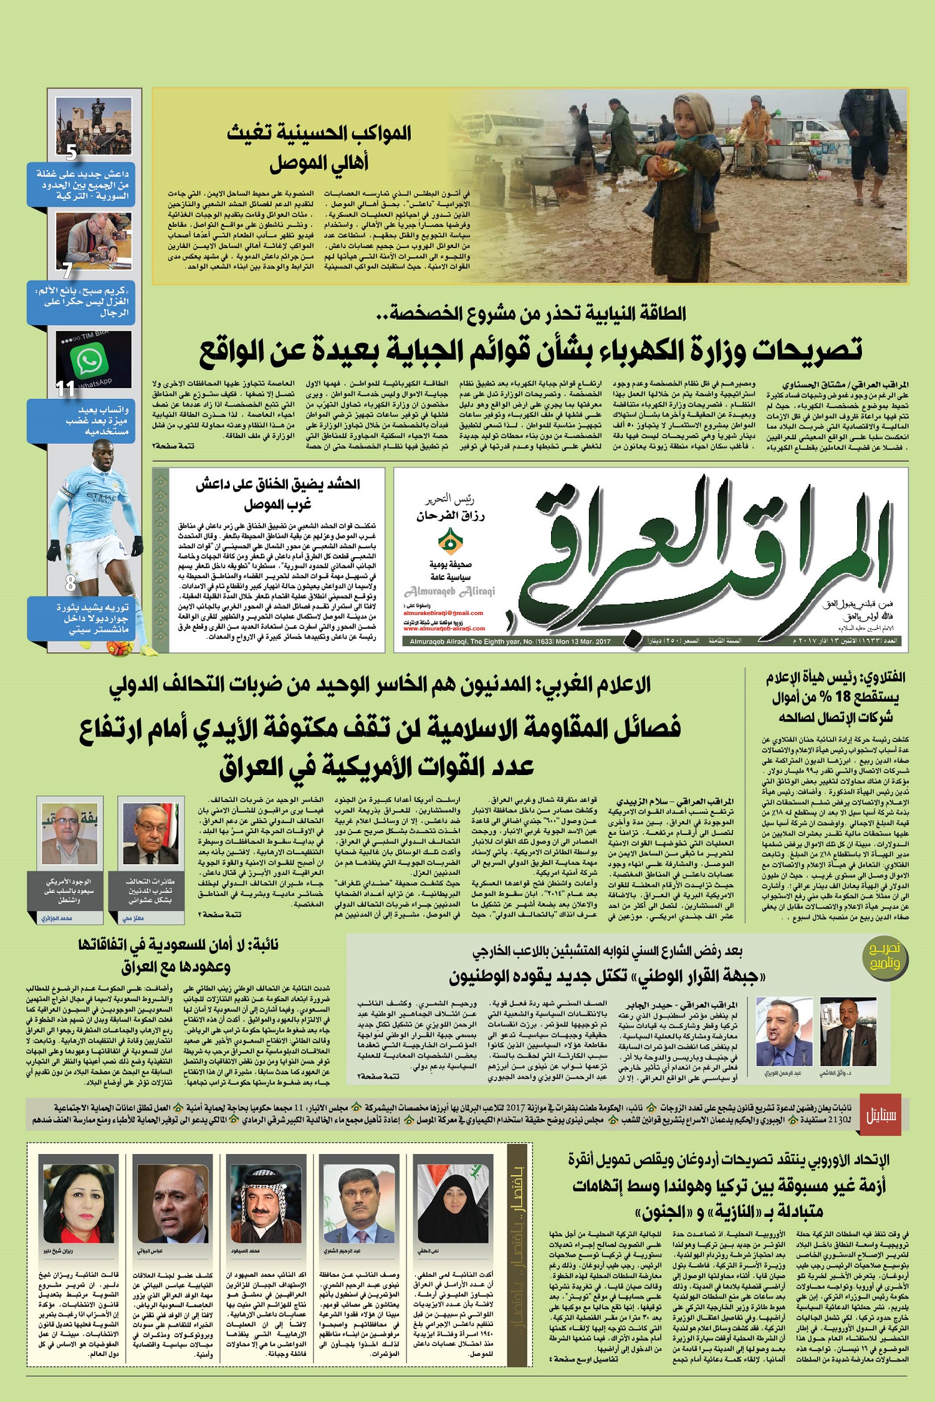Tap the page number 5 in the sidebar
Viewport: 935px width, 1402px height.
coord(71,151)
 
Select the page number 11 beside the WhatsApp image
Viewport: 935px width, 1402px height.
coord(65,389)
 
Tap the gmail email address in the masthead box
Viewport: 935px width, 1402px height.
coord(444,613)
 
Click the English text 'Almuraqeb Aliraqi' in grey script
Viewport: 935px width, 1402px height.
coord(449,591)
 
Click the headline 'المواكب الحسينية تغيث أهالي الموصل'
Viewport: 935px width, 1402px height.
coord(319,148)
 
